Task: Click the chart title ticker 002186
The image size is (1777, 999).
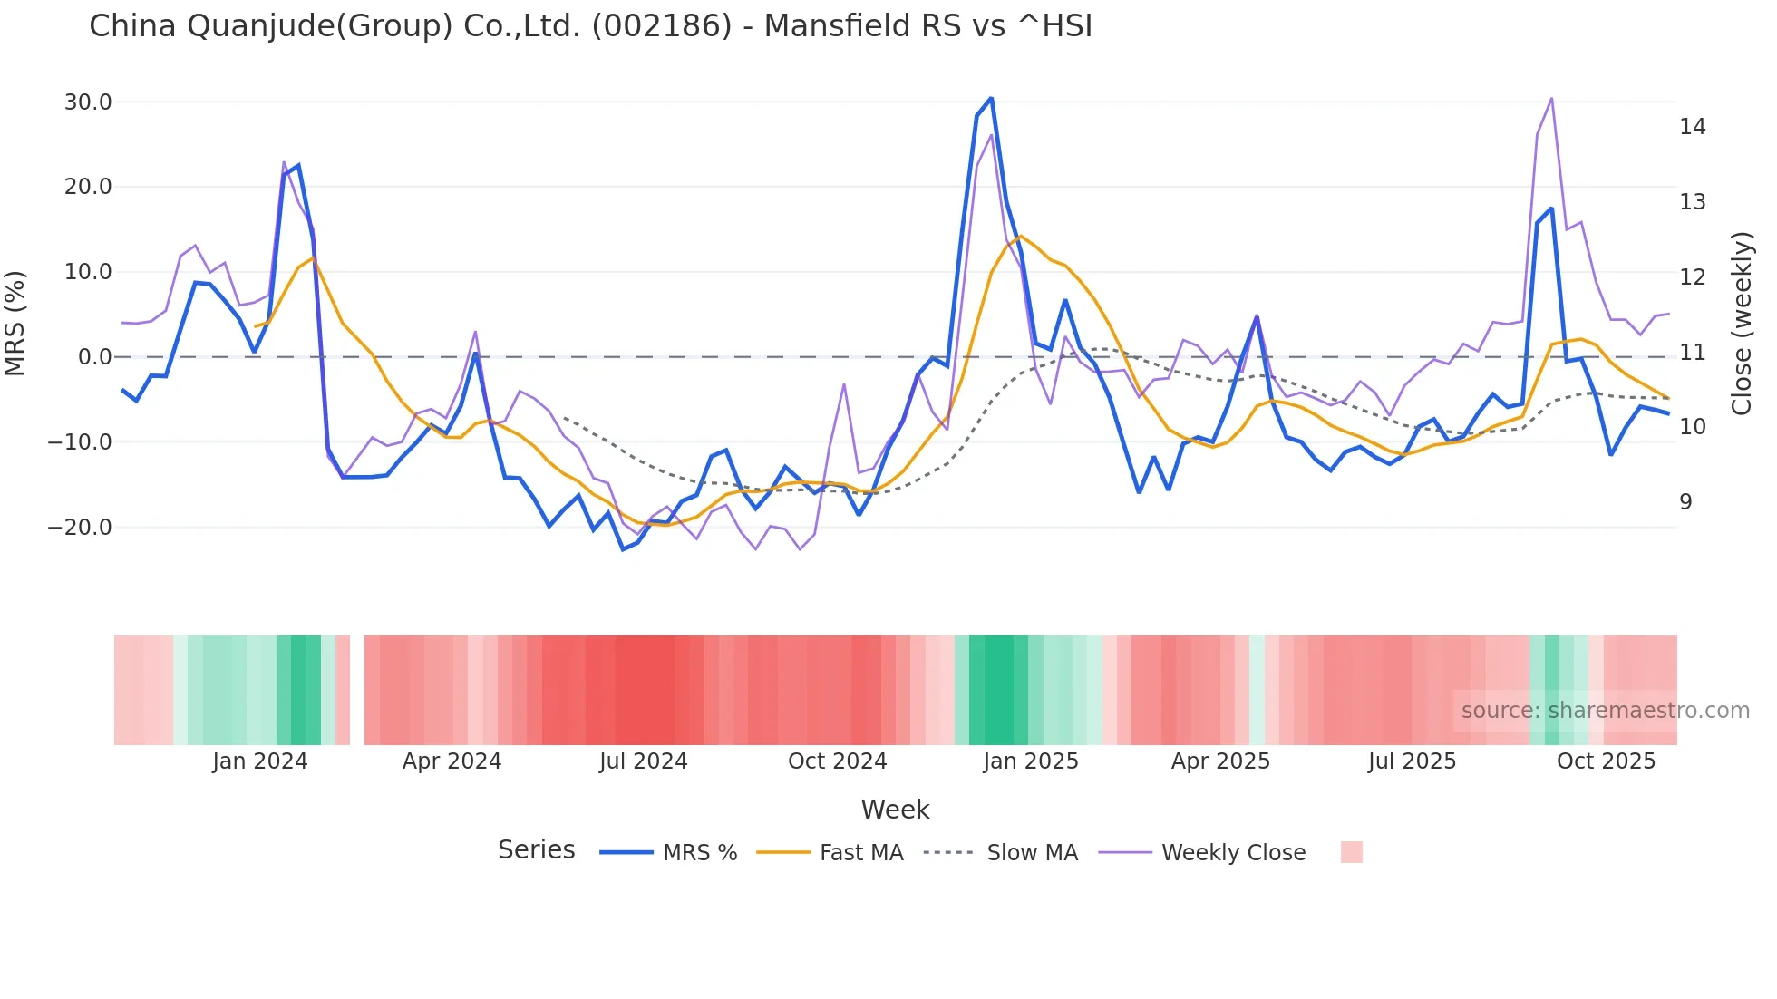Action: (661, 26)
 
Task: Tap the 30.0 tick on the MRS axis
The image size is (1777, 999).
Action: (88, 102)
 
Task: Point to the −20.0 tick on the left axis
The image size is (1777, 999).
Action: (80, 528)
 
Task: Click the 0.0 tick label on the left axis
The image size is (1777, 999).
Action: (95, 357)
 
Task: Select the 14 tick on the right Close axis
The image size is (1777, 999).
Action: (1692, 127)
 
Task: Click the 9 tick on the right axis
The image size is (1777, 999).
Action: (1685, 502)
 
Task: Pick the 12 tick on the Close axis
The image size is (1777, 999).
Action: (1692, 277)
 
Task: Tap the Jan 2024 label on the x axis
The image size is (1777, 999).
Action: (260, 761)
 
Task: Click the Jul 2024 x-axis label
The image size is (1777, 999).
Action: (644, 761)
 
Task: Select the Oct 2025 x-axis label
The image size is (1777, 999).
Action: (1606, 761)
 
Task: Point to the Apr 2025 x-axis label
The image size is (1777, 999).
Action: (1220, 761)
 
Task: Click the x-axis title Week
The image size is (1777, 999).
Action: (895, 810)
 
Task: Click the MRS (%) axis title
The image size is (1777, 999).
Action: (15, 324)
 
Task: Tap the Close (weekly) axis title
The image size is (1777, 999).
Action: (1742, 324)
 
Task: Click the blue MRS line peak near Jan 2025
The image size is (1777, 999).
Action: (991, 98)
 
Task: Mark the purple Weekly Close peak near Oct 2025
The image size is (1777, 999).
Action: (1551, 98)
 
